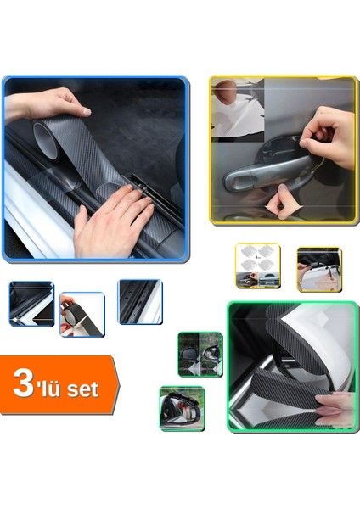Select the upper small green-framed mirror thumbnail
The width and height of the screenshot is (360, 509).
click(200, 354)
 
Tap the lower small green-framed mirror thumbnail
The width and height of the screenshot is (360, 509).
click(182, 407)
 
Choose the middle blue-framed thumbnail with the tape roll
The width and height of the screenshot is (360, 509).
click(82, 314)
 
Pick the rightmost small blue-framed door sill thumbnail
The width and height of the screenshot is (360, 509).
click(139, 301)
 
